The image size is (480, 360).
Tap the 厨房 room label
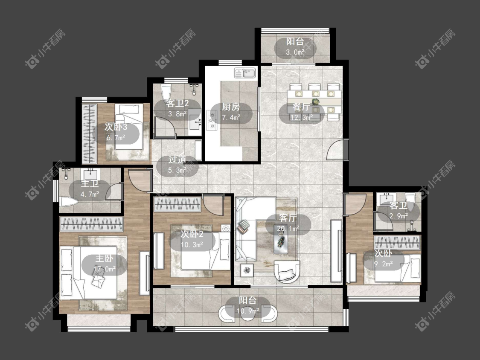click(x=231, y=107)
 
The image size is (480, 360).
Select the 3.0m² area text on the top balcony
click(x=295, y=52)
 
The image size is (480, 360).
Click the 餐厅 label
click(x=301, y=107)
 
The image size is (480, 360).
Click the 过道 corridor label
click(x=177, y=160)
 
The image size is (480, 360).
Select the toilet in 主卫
click(x=68, y=201)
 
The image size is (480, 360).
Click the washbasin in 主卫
click(x=90, y=175)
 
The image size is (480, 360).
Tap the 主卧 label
click(x=105, y=258)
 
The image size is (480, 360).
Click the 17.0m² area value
click(x=105, y=269)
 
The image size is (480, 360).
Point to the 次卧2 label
click(x=192, y=235)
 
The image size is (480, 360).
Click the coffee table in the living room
click(x=281, y=241)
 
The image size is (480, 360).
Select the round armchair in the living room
click(x=287, y=271)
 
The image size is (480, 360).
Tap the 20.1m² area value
click(x=288, y=228)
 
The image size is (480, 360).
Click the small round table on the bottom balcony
click(x=247, y=314)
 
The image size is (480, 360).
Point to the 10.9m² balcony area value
click(x=248, y=311)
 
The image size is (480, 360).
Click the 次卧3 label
click(x=116, y=127)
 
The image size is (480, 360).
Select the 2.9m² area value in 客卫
click(x=399, y=216)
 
